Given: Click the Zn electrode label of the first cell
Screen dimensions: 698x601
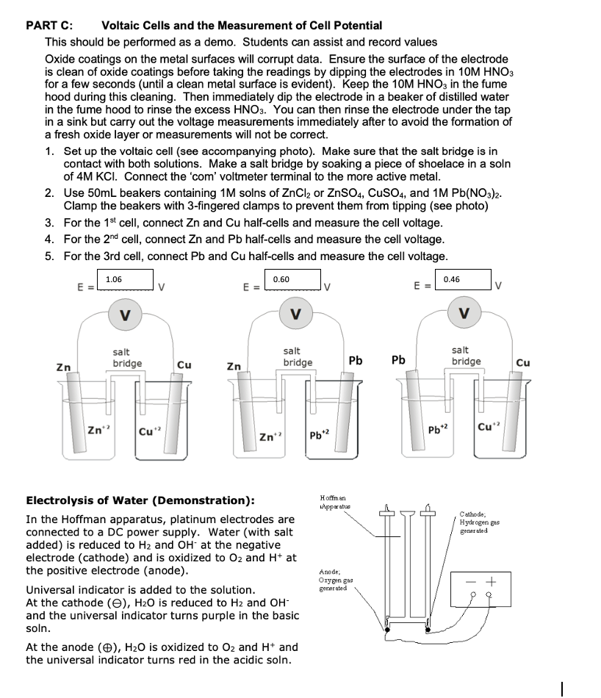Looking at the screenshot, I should coord(64,365).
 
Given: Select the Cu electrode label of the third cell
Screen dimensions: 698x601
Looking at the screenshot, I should coord(523,362).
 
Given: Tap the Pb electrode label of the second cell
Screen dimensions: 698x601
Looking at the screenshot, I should coord(356,360).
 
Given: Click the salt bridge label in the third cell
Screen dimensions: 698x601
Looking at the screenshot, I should coord(466,356).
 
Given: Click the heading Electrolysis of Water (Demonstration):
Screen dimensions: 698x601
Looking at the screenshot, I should coord(140,500).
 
